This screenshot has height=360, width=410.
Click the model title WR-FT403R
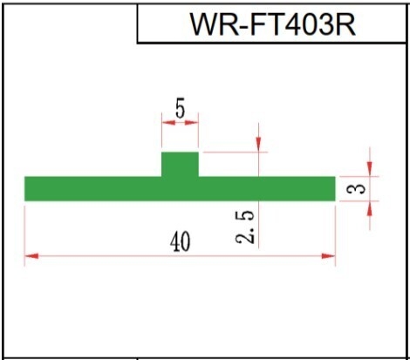coord(273,24)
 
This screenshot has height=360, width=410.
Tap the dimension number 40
coord(181,241)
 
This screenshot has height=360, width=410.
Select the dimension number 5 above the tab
coord(180,110)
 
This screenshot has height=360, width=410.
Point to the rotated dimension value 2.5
coord(245,227)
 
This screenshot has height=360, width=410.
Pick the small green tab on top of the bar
coord(180,164)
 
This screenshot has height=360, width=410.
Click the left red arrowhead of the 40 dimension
coord(31,256)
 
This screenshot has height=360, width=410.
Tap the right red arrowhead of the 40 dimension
coord(328,256)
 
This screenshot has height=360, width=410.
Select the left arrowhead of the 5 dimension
coord(168,122)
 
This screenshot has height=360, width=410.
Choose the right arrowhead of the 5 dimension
coord(192,122)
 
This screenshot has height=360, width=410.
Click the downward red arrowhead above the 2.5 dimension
coord(258,145)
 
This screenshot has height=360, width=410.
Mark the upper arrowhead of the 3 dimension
coord(369,169)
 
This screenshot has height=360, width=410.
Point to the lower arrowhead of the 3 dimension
coord(369,208)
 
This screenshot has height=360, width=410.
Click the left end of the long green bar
coord(24,188)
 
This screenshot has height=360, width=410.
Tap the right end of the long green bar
coord(335,188)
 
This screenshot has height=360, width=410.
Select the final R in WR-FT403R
coord(346,24)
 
